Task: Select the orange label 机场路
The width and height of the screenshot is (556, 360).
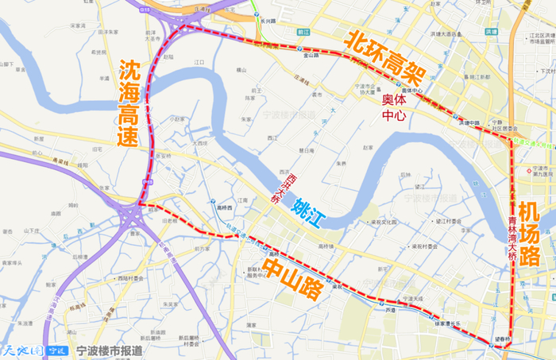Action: pos(528,234)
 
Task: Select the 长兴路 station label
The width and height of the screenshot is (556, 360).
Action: pos(268,22)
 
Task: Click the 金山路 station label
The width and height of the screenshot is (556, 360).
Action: pos(311,56)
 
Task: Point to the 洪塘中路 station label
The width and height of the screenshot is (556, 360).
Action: pos(469,123)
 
